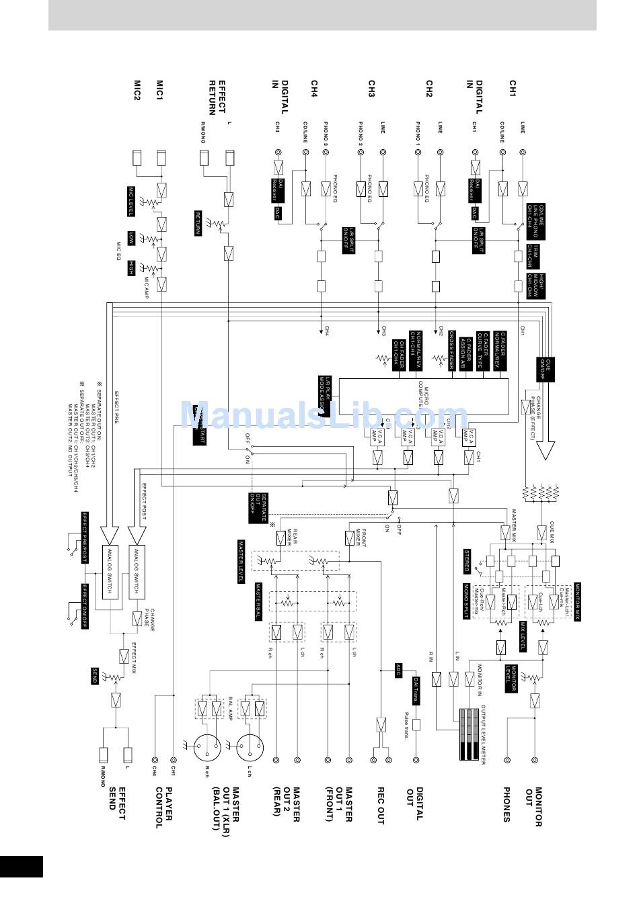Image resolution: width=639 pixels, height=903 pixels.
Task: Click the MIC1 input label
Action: pyautogui.click(x=159, y=91)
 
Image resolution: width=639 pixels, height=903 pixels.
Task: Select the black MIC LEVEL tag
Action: pyautogui.click(x=132, y=202)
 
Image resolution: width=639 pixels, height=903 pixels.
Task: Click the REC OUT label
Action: pyautogui.click(x=380, y=806)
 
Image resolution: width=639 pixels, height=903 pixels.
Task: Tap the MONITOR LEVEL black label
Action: pyautogui.click(x=512, y=679)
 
